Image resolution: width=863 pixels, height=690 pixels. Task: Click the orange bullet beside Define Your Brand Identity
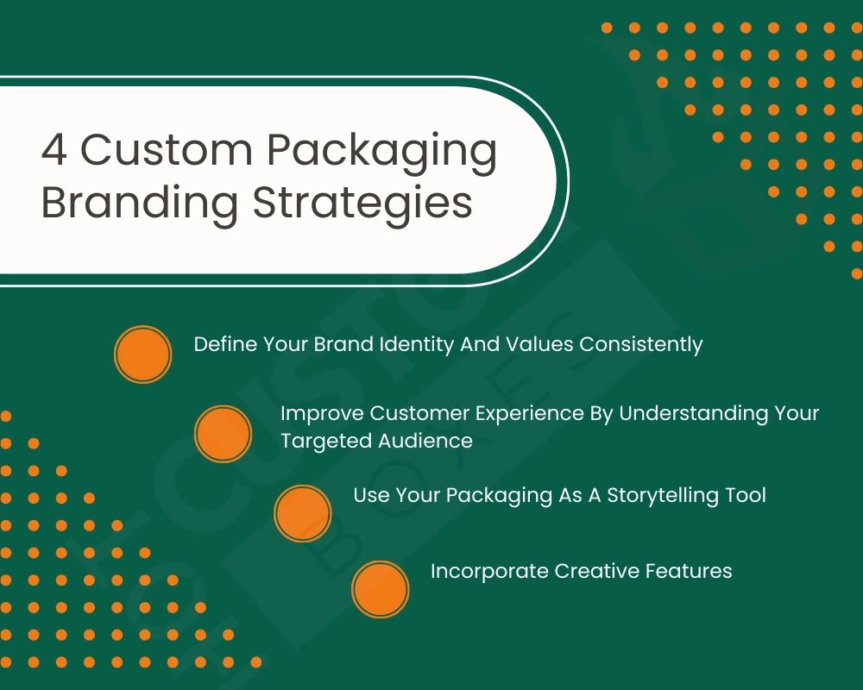pyautogui.click(x=142, y=354)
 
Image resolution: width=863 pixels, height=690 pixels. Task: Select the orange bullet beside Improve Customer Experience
pyautogui.click(x=223, y=434)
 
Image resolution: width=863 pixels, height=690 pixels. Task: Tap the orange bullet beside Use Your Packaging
pyautogui.click(x=302, y=513)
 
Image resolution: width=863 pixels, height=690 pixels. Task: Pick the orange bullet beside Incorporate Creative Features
pyautogui.click(x=380, y=590)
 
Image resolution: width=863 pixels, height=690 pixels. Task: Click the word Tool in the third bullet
pyautogui.click(x=746, y=496)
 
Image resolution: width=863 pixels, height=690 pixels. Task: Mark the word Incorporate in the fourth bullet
pyautogui.click(x=489, y=571)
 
